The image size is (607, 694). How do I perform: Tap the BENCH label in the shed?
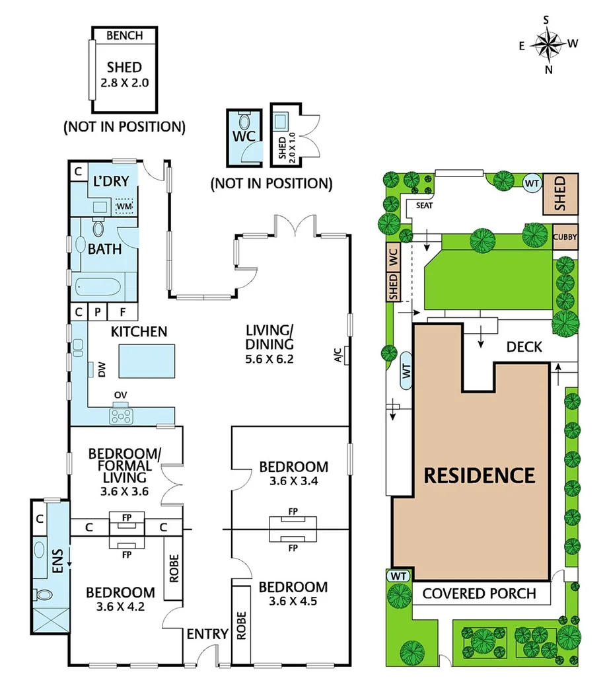coord(124,36)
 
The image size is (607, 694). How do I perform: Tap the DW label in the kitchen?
coord(102,372)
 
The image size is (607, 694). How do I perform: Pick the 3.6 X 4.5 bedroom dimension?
coord(293,603)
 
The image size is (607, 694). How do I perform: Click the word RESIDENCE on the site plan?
coord(479,475)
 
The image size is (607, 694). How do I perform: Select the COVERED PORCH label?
coord(480,593)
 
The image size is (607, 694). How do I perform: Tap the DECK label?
coord(524,347)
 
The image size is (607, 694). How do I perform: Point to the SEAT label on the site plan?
coord(424,205)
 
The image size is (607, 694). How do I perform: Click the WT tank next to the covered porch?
coord(398,575)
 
